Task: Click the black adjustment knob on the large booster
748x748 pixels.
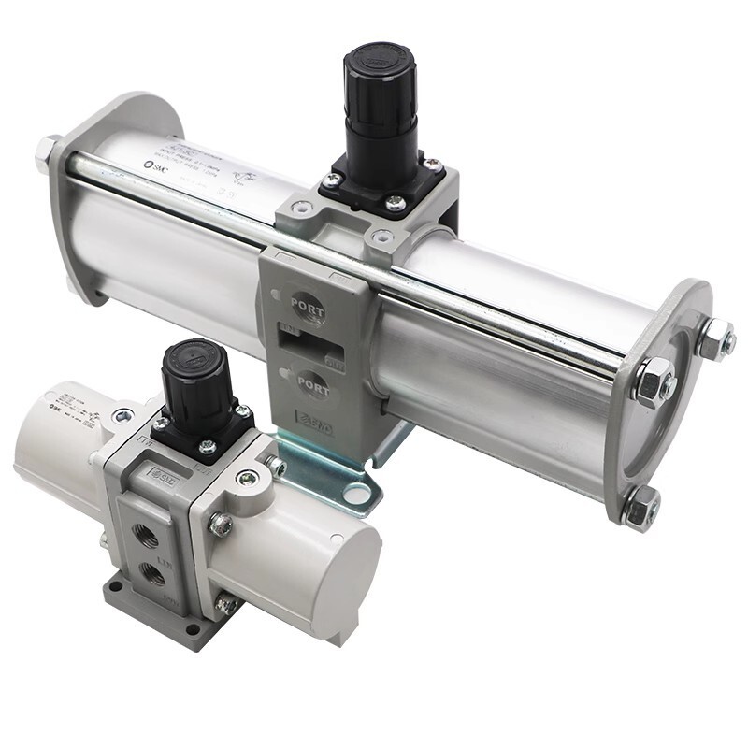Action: (x=379, y=89)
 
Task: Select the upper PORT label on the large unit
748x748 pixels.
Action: (x=308, y=303)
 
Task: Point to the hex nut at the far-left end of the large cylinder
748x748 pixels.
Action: (x=46, y=152)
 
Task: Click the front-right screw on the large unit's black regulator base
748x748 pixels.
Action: (x=396, y=200)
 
